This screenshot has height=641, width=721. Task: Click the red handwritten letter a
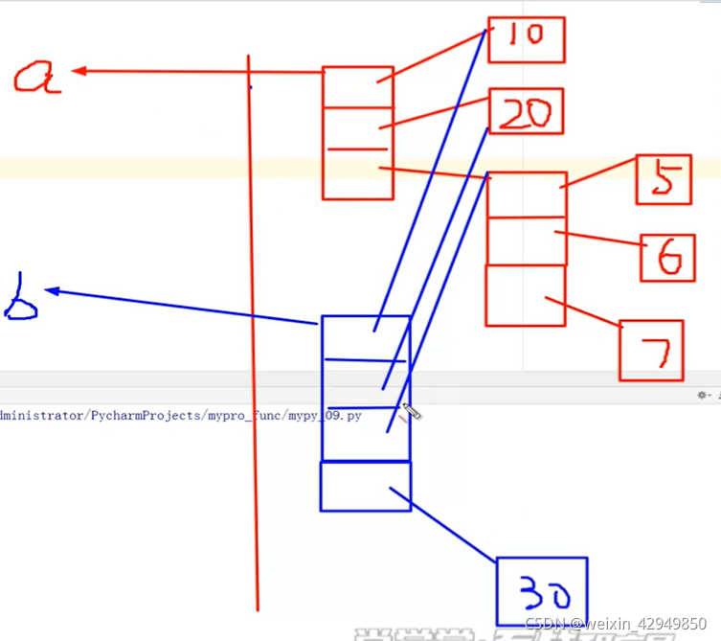(37, 77)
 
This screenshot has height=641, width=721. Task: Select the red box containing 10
(526, 39)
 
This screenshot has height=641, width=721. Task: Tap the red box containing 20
(526, 112)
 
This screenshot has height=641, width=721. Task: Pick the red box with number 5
(664, 179)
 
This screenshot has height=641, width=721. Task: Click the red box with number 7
(650, 351)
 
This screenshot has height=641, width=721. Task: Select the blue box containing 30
(541, 591)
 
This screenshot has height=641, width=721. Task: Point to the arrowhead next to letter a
(79, 70)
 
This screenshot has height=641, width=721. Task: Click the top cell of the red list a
(357, 86)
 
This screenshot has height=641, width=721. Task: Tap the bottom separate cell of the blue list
(365, 486)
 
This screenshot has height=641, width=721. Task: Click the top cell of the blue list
(365, 337)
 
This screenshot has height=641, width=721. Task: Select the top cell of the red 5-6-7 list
(527, 196)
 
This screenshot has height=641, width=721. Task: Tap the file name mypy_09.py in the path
(325, 417)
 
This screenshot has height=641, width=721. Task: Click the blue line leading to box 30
(450, 527)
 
